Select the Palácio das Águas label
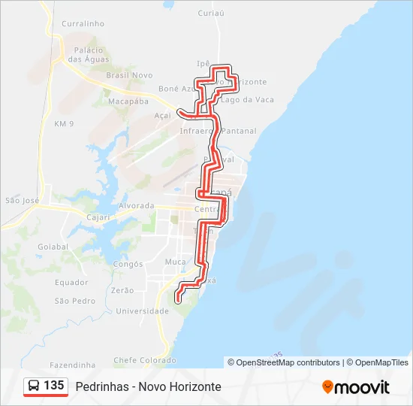pos(88,55)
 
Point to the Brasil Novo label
pos(129,75)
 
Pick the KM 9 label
pos(65,123)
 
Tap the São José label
pos(22,200)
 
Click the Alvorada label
pos(137,205)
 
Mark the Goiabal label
pos(53,246)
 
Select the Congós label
pos(127,264)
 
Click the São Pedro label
pos(74,301)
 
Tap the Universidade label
pos(140,311)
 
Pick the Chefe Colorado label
pos(144,360)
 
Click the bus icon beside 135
pos(34,386)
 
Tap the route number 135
pos(54,386)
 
